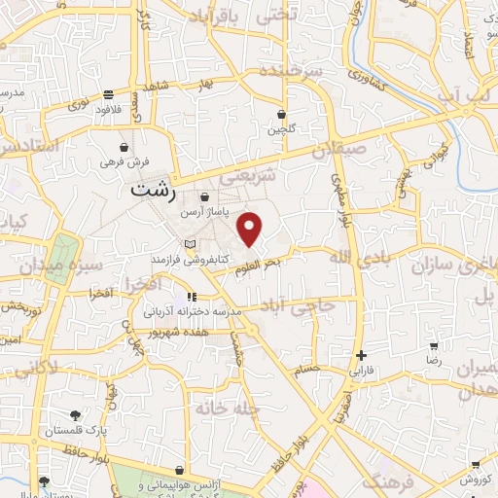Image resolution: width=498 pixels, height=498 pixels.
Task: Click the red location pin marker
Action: [251, 229]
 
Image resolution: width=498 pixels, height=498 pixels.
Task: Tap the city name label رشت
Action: [154, 190]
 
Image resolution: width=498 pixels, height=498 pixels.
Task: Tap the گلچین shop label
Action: [280, 128]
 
